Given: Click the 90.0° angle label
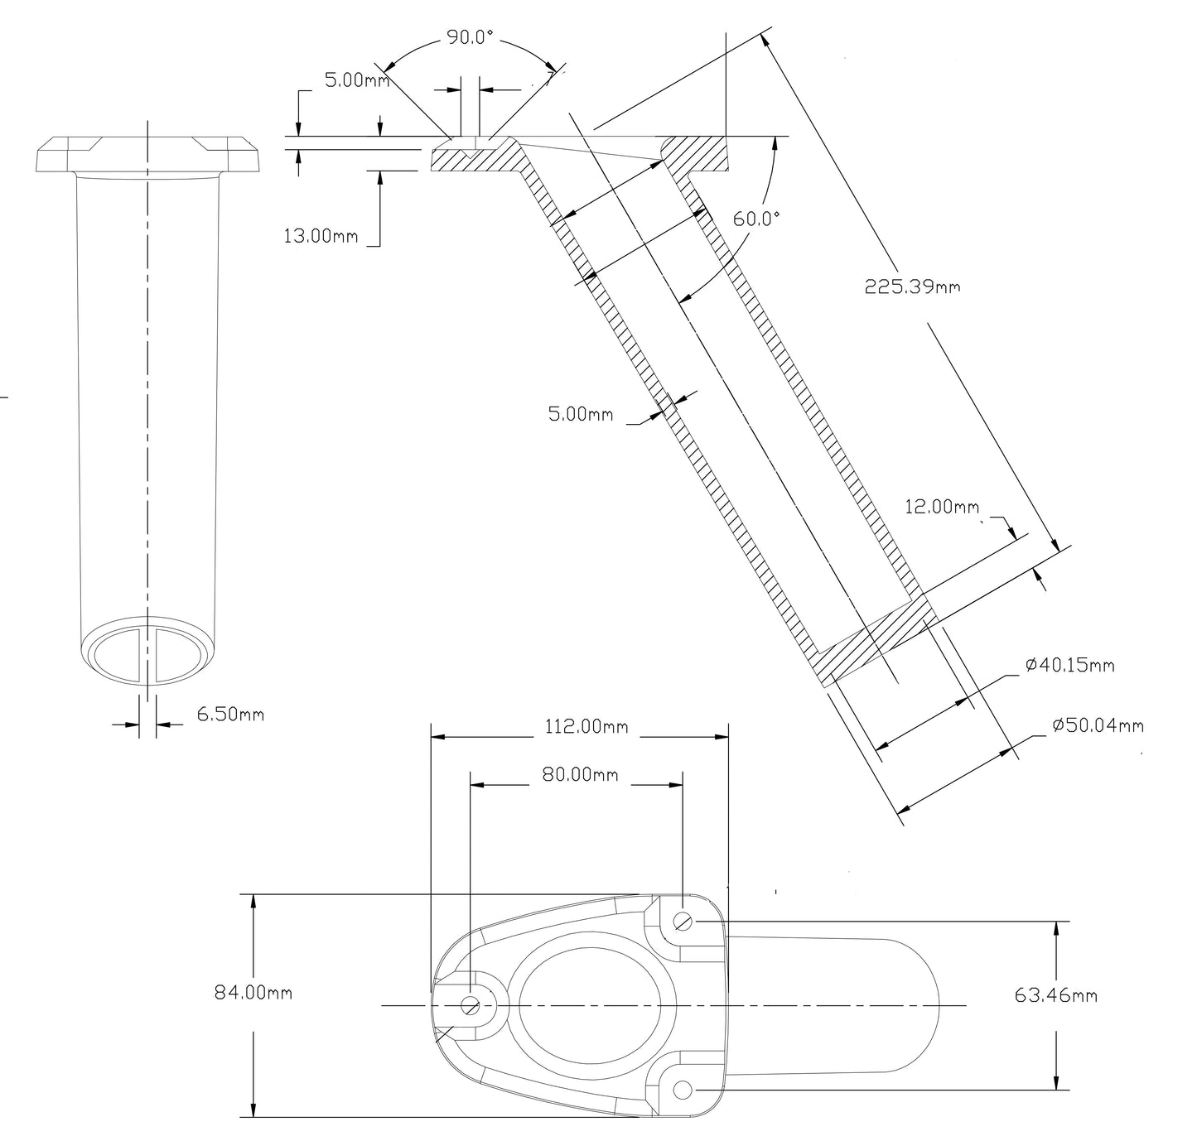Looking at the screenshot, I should point(470,37).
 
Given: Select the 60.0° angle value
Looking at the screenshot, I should point(756,219).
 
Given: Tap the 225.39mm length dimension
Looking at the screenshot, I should point(912,286).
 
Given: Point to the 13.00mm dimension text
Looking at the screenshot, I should point(321,236).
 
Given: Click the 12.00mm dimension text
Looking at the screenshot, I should point(941,506).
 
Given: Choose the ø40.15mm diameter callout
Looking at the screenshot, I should point(1069,665).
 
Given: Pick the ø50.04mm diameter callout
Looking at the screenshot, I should point(1098,725).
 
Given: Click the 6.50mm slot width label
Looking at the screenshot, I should point(230,714).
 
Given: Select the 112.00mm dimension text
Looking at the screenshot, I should point(586,727).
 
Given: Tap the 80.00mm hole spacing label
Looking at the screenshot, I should point(580,774).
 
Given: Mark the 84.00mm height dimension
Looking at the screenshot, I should point(253,992).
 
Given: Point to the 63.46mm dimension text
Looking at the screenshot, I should point(1055,994).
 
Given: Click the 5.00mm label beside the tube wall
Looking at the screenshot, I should point(581,414).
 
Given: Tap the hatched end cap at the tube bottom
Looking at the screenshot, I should point(874,640).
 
